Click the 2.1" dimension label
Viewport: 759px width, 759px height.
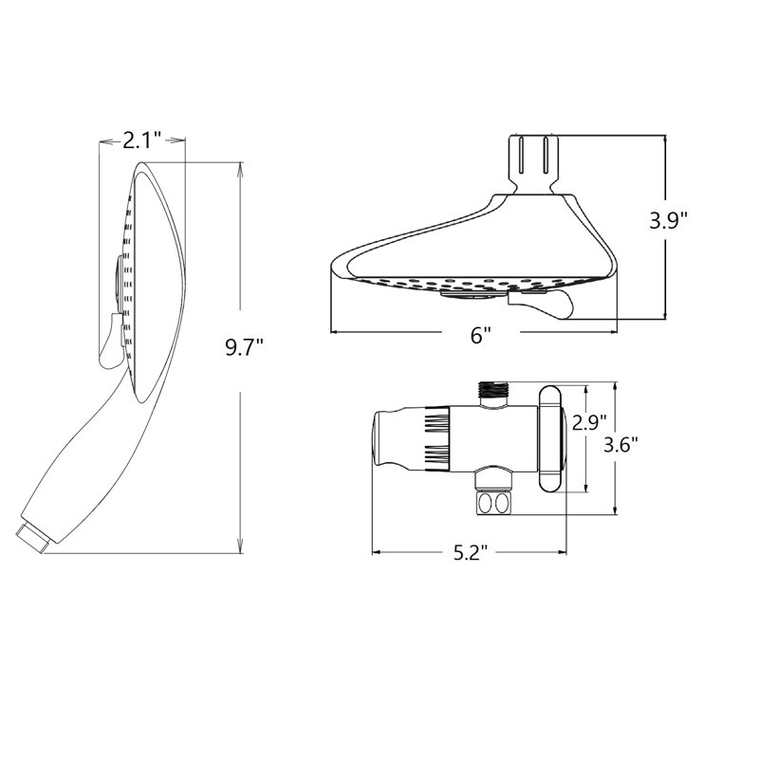click(x=141, y=141)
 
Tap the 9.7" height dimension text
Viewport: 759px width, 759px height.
click(x=244, y=346)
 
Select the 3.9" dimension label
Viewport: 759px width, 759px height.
click(x=668, y=221)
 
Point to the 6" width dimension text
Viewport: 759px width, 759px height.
click(x=481, y=334)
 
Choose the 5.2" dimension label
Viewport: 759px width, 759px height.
click(x=470, y=553)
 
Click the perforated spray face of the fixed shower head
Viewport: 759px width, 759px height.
click(x=465, y=285)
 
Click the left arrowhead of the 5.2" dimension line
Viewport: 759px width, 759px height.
click(x=374, y=551)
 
